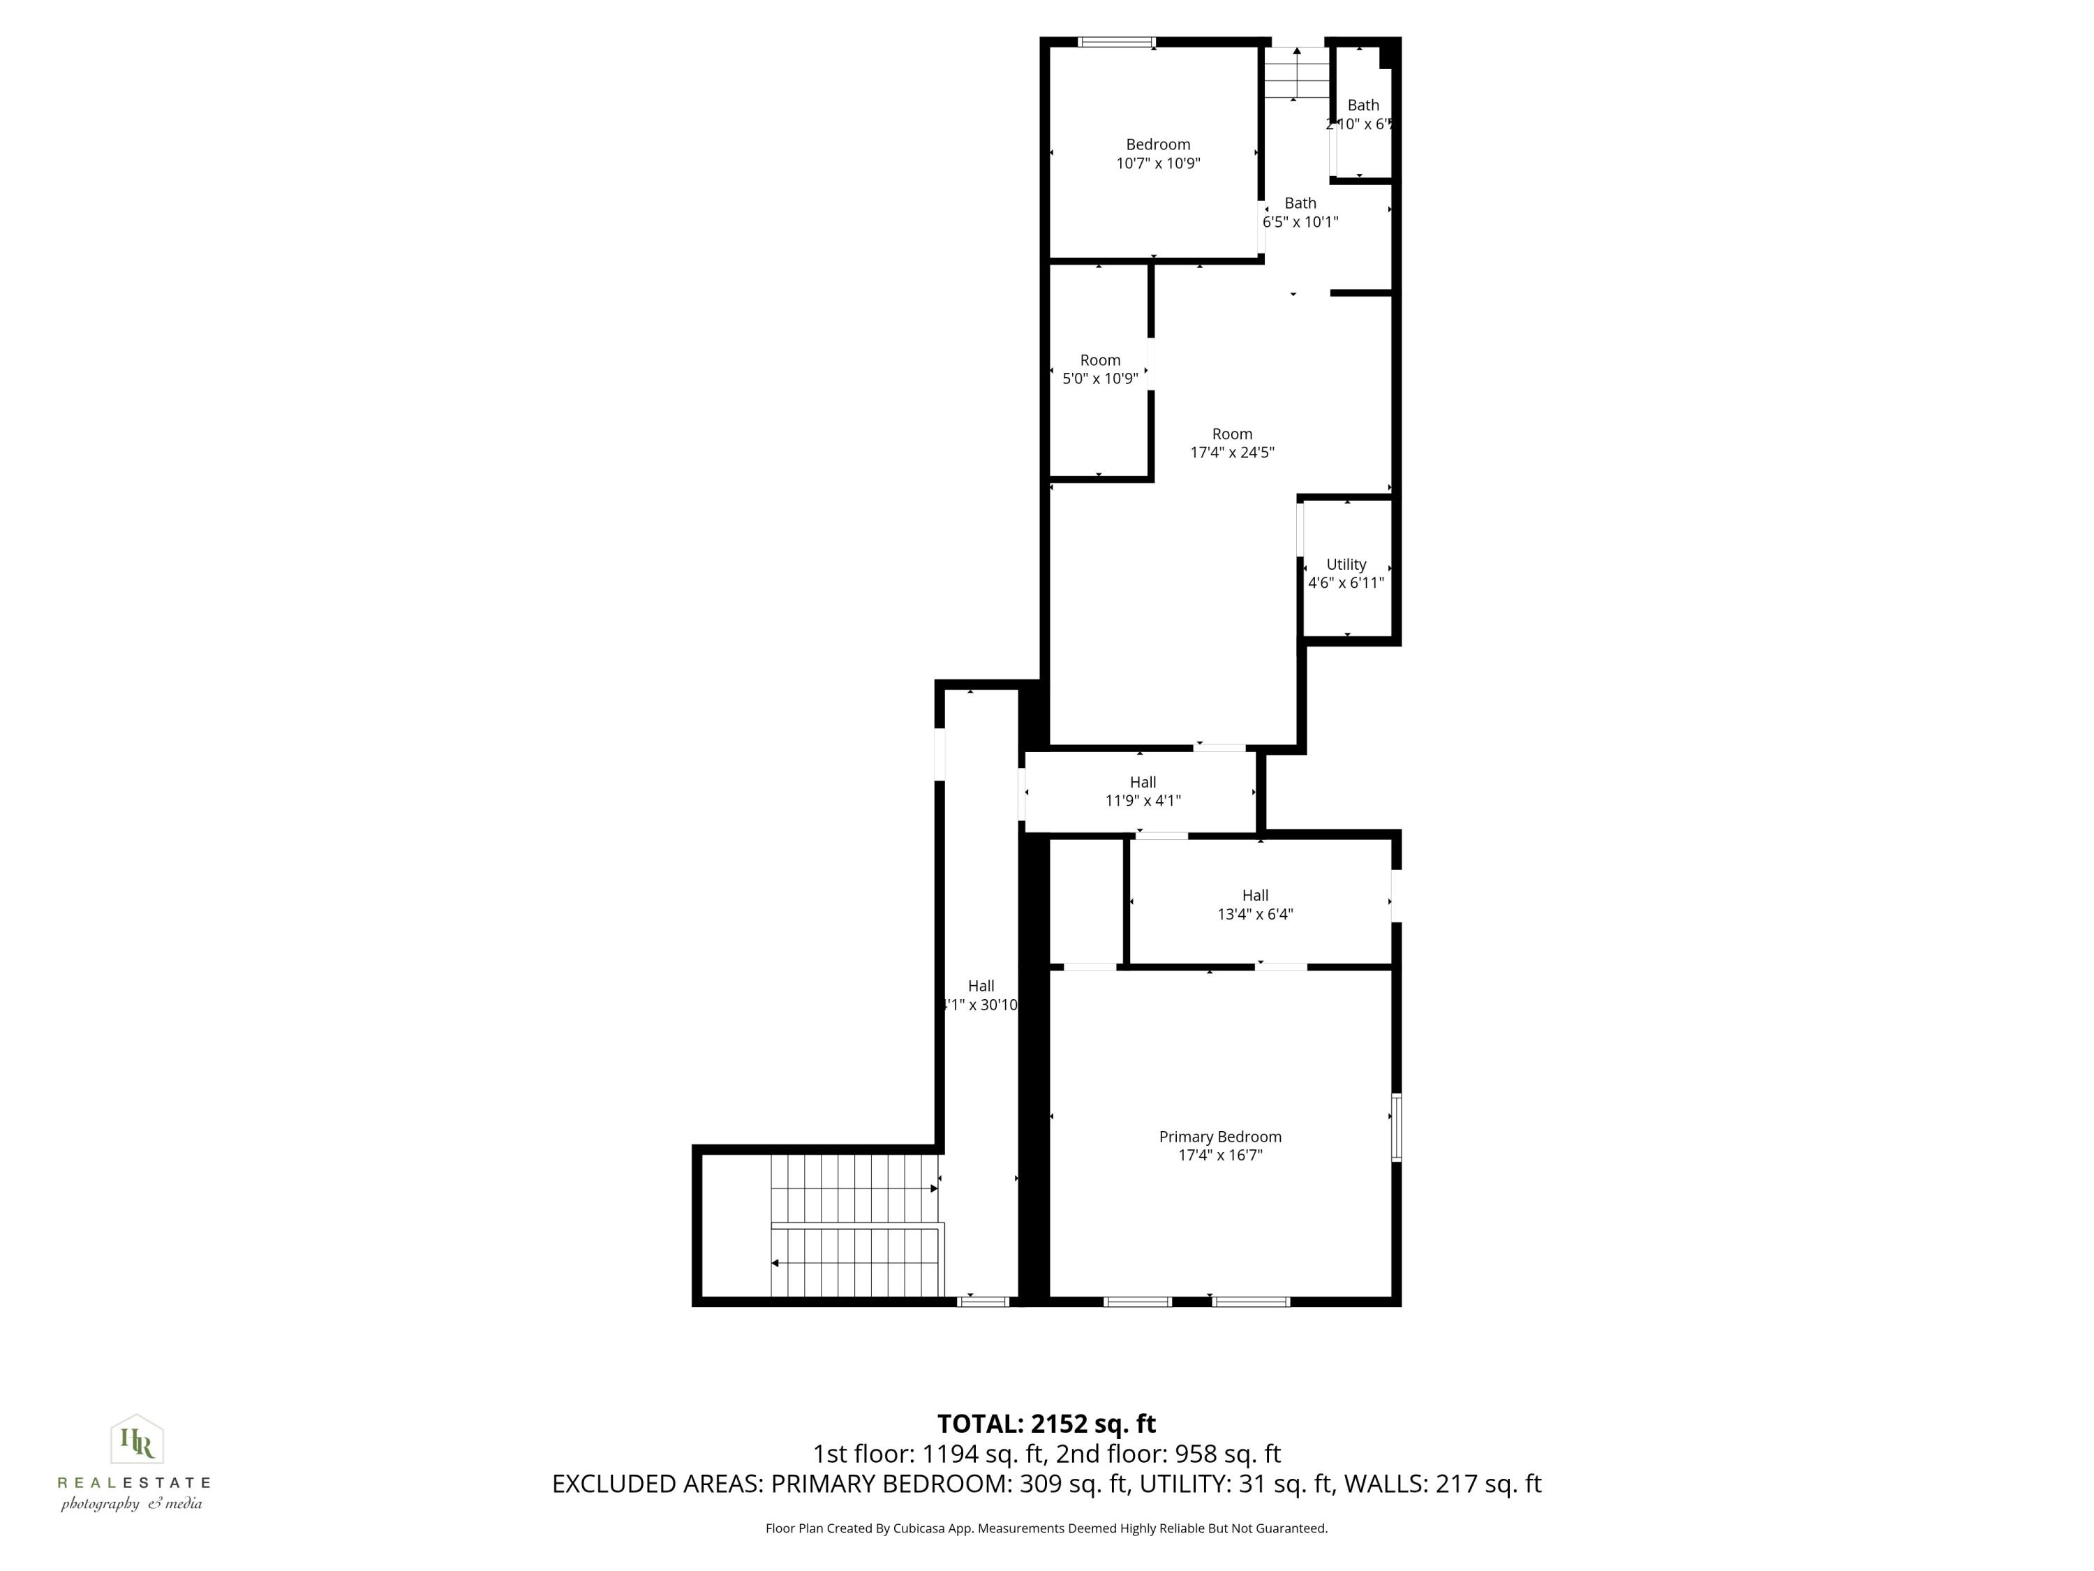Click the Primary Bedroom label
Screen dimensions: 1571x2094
pos(1219,1136)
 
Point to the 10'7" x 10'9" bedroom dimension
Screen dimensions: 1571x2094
pos(1158,163)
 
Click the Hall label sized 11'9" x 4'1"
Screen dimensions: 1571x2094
pos(1143,782)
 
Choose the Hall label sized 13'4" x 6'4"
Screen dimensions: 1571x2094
pos(1254,895)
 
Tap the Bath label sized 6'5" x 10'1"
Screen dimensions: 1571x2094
pos(1300,202)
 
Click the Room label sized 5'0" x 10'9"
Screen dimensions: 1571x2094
pos(1100,360)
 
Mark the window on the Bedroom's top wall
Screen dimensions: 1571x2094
pos(1116,42)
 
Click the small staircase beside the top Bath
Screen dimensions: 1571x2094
pos(1296,73)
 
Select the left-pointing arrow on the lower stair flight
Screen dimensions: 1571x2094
pos(775,1263)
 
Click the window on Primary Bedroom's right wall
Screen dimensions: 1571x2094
pos(1395,1127)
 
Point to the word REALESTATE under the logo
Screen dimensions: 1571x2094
pos(133,1483)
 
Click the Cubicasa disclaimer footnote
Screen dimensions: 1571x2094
pos(1046,1528)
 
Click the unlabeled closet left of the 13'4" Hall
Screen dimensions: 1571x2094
pos(1086,901)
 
